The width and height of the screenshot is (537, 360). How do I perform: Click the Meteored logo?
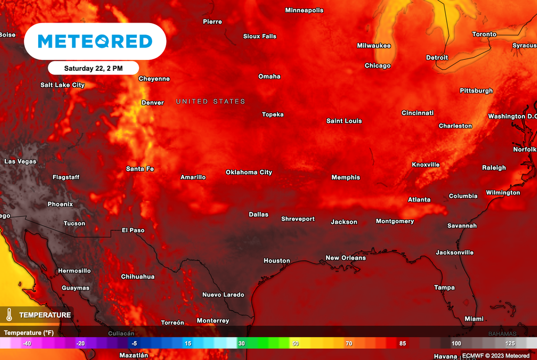coord(95,41)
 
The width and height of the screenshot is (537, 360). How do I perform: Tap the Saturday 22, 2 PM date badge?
coord(93,68)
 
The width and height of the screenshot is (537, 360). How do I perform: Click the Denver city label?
coord(153,103)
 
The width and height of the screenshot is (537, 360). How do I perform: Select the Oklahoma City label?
coord(249,172)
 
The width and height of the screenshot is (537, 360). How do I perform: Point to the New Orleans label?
coord(346,258)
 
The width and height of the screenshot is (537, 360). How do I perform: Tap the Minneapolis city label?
coord(304,10)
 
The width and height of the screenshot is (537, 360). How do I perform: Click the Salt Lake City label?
coord(62,85)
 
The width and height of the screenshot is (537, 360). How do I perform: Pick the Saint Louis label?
coord(344,121)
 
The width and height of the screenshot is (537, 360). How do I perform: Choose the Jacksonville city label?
coord(454,252)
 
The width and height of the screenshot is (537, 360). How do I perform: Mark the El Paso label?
coord(133,230)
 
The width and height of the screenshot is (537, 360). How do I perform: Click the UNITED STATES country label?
coord(210,102)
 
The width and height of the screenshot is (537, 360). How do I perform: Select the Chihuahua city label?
coord(137,277)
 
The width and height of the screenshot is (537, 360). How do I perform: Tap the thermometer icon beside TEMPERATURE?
coord(9,315)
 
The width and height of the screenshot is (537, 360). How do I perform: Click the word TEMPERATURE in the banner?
coord(45,315)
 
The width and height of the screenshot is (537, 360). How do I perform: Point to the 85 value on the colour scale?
coord(403,343)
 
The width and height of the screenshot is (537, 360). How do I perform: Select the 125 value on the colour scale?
coord(510,343)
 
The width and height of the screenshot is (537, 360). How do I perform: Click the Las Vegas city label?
coord(20,162)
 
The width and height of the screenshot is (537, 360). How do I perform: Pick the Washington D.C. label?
coord(512,117)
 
